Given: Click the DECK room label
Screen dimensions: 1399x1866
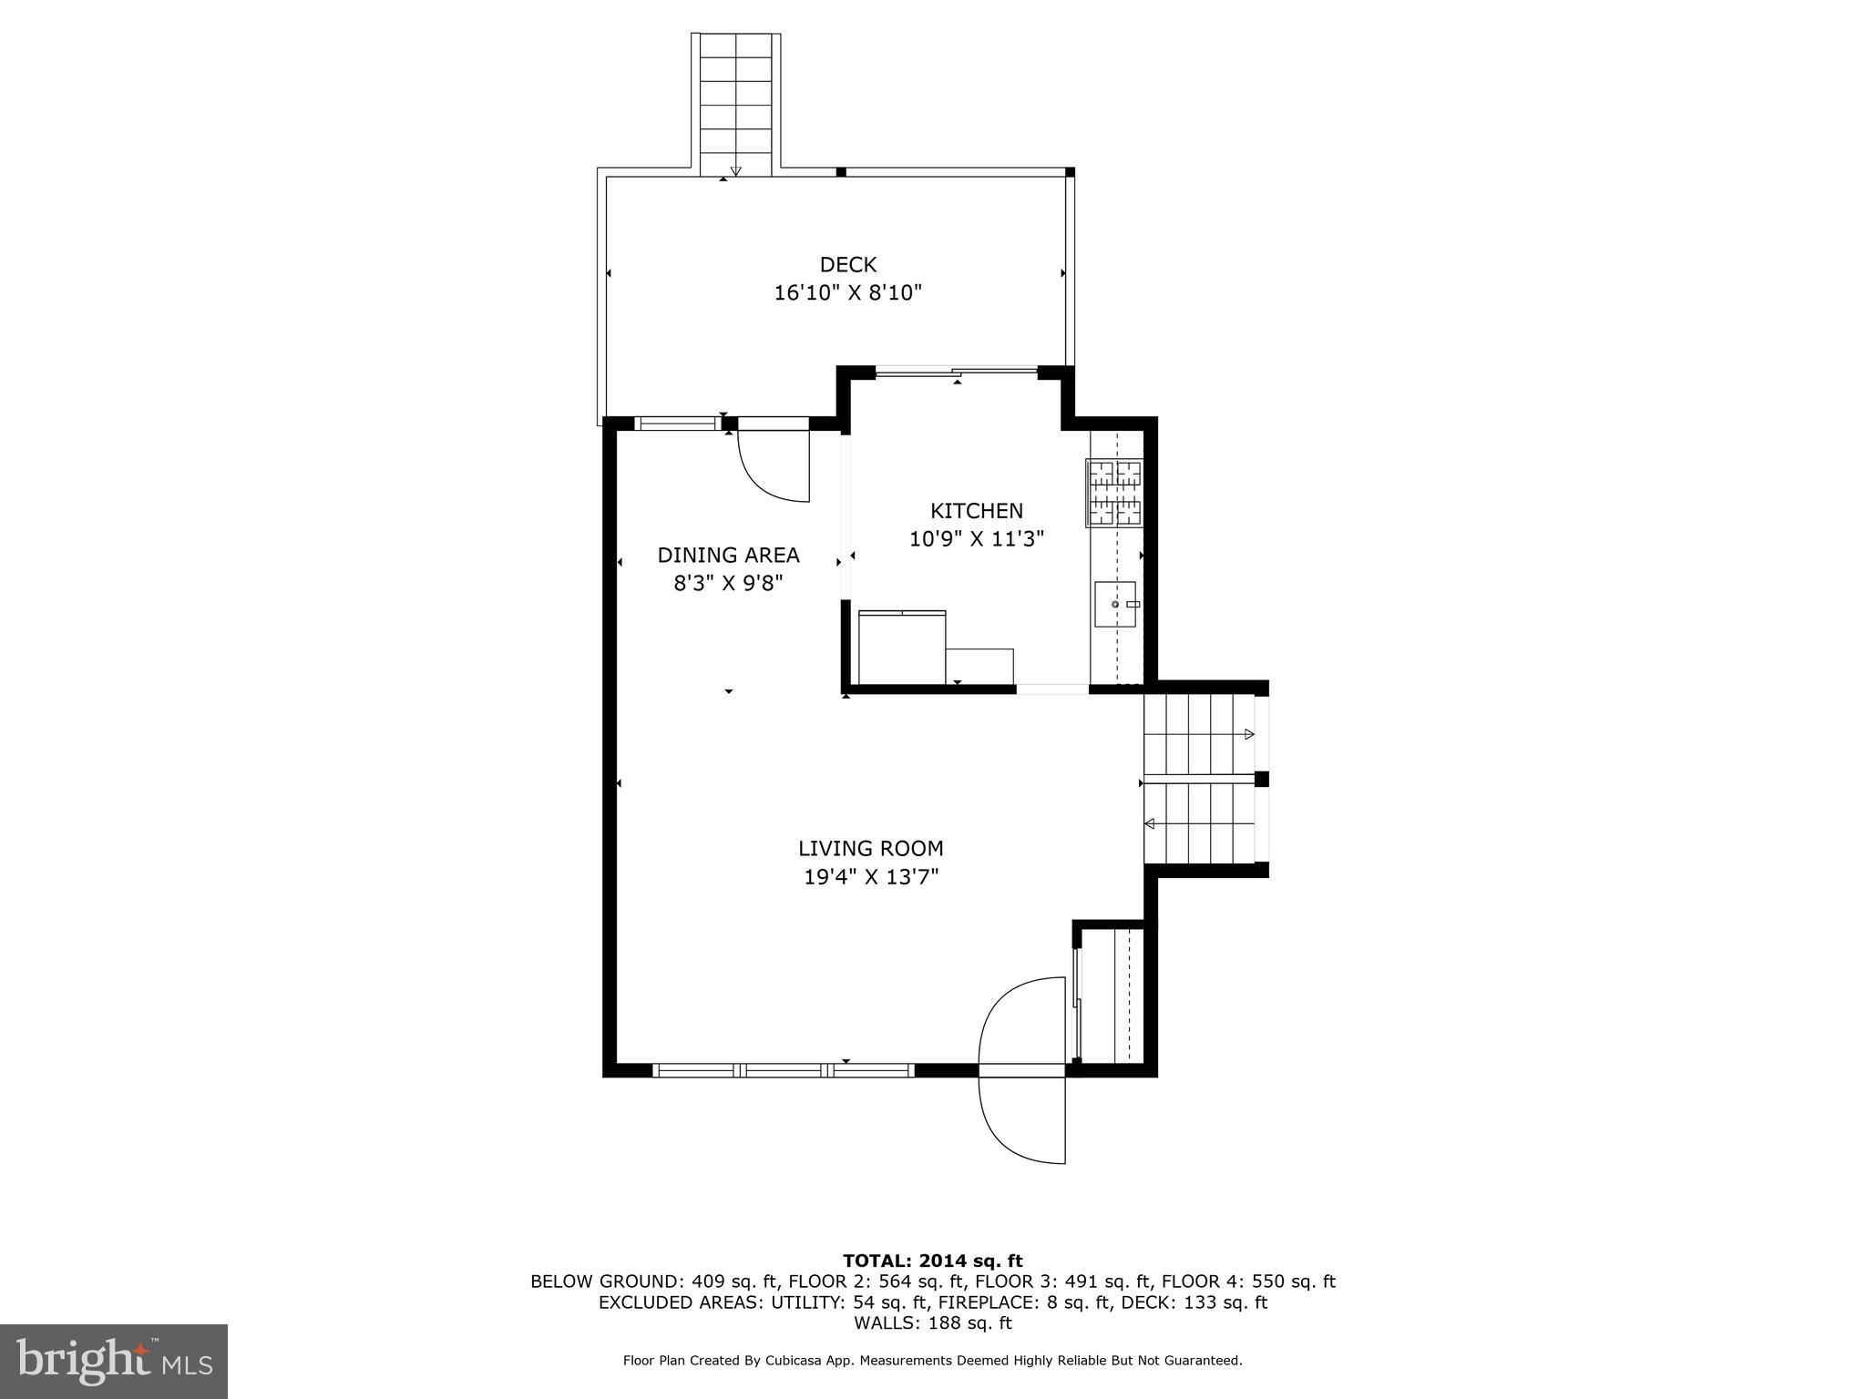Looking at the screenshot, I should tap(847, 264).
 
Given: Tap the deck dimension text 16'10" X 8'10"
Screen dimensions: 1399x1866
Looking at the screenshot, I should tap(847, 293).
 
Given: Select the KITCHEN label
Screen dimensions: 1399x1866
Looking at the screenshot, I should tap(976, 511).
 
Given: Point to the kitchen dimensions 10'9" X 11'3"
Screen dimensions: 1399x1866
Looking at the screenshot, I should tap(976, 539).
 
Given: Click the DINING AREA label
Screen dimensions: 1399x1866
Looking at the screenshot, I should tap(728, 555).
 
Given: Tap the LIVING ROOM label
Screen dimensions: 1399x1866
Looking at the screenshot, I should tap(870, 849).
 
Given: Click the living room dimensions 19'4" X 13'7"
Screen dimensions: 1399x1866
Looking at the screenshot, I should tap(870, 877).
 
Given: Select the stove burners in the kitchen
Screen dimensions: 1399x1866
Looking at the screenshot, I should tap(1113, 493).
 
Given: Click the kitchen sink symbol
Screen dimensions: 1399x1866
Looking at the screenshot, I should tap(1115, 604).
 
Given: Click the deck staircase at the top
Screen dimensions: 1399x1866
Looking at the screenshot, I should tap(735, 105).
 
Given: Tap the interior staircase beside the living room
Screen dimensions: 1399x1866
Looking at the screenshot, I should tap(1200, 780).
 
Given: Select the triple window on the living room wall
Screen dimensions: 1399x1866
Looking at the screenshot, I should tap(784, 1070).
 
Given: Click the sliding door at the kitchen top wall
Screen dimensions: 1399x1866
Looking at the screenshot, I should tap(956, 371).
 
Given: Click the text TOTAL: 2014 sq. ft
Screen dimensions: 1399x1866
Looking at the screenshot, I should tap(932, 1261).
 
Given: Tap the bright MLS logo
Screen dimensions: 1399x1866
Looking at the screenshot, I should tap(114, 1362).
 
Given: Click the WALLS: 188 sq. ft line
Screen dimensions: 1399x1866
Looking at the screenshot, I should tap(932, 1323).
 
